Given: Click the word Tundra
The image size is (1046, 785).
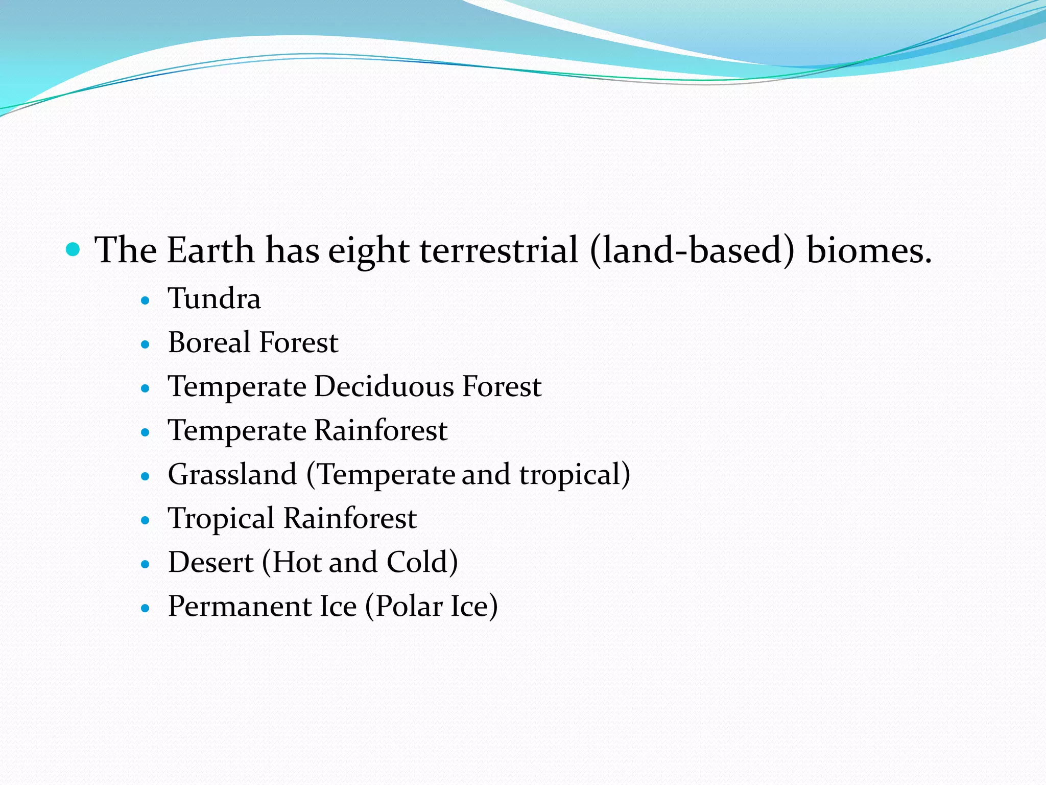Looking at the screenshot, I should click(x=214, y=298).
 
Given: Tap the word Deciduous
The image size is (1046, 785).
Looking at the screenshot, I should click(x=384, y=386).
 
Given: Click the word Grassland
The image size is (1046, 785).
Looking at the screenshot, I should click(x=232, y=475).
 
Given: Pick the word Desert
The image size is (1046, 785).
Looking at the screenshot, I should click(x=210, y=563).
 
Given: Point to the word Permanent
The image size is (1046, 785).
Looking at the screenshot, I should click(x=239, y=607).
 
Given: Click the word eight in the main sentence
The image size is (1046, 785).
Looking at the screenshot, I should click(x=368, y=251).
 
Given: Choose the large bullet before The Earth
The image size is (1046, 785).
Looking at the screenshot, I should click(x=74, y=249).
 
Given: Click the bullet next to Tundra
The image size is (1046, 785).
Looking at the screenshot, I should click(x=146, y=301).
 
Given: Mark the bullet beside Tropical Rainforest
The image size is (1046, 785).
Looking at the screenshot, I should click(x=146, y=521).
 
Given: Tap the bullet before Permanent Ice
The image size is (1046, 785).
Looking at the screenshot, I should click(x=146, y=609).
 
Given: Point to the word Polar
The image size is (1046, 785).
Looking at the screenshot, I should click(x=409, y=607).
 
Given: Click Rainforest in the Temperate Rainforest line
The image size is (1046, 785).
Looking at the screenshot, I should click(x=381, y=430).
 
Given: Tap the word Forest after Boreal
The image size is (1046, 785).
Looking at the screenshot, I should click(x=299, y=342).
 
